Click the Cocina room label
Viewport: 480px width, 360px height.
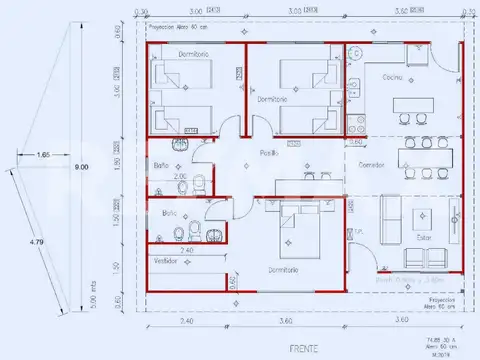[391, 75]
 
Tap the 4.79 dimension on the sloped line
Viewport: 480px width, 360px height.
[36, 241]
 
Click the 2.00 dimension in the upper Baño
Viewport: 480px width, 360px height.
[182, 176]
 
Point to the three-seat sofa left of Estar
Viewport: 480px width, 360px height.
[389, 213]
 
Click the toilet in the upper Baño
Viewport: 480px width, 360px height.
[200, 182]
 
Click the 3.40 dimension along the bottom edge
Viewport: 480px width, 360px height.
[186, 321]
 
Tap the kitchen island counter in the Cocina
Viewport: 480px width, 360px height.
[416, 105]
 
